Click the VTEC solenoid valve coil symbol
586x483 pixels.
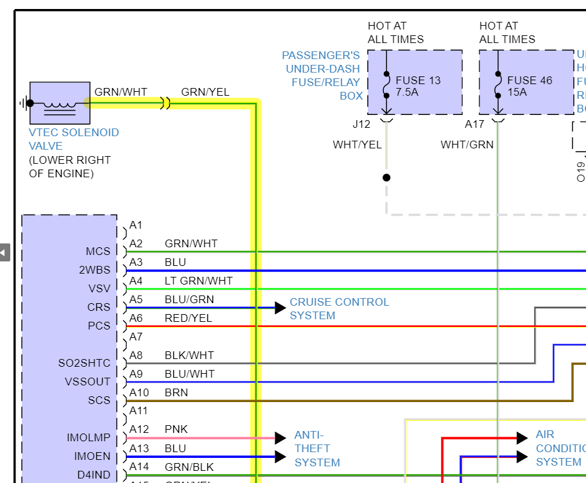pos(60,103)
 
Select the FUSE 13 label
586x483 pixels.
pos(418,80)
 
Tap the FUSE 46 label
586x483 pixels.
pos(530,80)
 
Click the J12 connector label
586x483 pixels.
pos(361,124)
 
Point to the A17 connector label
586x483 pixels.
pos(474,124)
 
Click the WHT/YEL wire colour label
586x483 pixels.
pos(357,145)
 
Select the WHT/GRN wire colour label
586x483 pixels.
pos(467,145)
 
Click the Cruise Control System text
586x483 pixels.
pos(339,308)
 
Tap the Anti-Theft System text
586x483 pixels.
pos(317,448)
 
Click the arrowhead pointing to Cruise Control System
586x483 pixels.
pos(280,308)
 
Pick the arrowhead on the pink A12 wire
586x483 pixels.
pos(280,438)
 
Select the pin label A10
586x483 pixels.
pos(139,392)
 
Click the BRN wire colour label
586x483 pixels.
pos(177,392)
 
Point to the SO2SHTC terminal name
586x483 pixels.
pos(84,363)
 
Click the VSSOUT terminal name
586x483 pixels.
pos(87,382)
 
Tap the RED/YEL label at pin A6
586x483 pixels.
pos(188,318)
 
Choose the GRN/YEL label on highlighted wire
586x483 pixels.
pos(205,92)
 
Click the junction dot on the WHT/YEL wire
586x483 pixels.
pos(386,177)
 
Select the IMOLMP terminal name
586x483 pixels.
pos(89,438)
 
